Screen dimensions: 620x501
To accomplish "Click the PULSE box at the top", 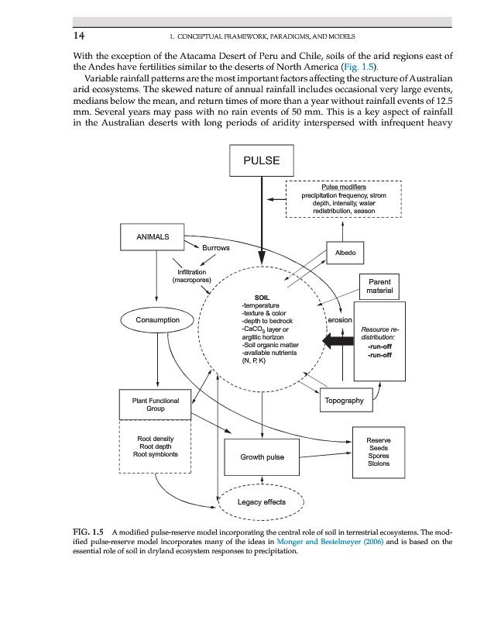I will click(261, 161).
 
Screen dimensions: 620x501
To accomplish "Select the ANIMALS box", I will click(153, 236).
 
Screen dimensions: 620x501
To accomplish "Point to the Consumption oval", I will click(158, 319).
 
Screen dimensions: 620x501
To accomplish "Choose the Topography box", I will click(345, 401).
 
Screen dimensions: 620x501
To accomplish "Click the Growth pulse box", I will click(262, 457).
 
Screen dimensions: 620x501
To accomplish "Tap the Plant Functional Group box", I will click(155, 405).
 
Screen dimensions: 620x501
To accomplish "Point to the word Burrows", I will click(216, 248).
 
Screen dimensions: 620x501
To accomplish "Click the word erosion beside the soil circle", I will click(341, 319).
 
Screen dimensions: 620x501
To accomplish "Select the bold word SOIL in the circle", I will click(262, 297).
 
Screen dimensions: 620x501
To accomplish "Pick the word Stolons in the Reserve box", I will click(379, 464).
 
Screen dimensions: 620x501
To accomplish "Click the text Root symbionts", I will click(156, 455).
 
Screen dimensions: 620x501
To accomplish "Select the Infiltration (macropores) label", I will click(191, 277).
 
